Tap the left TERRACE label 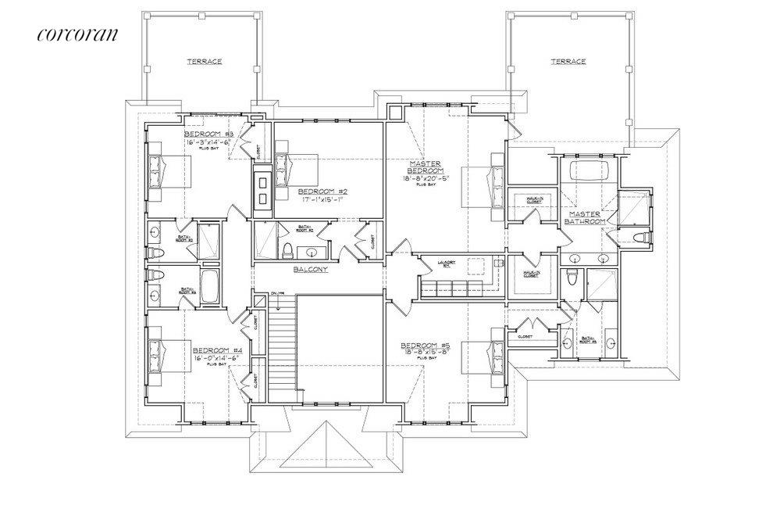coord(204,60)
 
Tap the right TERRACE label coord(568,60)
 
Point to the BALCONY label coord(310,270)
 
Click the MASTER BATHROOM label coord(588,217)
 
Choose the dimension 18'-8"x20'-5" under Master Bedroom coord(426,178)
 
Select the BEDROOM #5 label coord(423,345)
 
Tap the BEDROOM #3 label coord(205,134)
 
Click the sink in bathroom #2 coord(315,252)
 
